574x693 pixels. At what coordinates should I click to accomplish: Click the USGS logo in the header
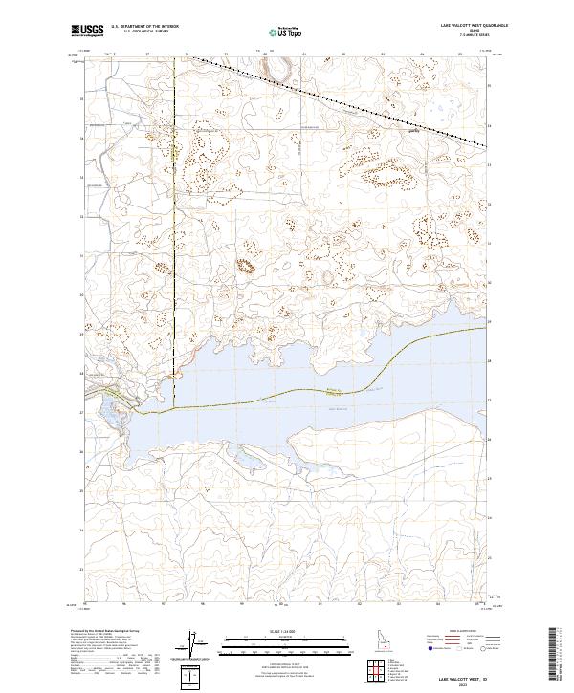(88, 31)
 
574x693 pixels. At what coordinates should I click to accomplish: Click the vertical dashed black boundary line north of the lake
(175, 210)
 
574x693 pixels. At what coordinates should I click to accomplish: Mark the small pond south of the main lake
(248, 461)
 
